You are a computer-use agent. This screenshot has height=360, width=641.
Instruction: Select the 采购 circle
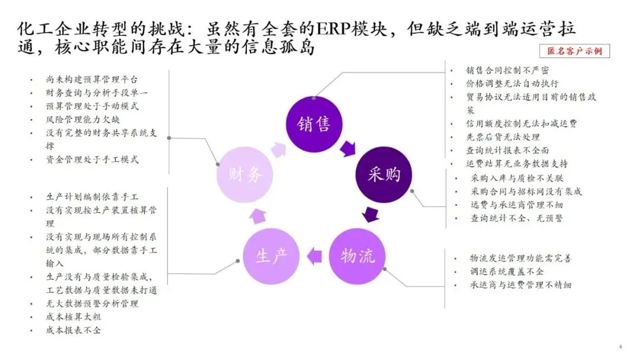384,174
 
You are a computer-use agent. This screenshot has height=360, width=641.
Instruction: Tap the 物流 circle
357,256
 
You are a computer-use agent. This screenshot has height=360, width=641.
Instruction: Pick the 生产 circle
272,256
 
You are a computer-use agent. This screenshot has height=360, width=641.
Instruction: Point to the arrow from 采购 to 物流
372,214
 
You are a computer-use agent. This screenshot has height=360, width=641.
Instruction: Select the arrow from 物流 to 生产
314,256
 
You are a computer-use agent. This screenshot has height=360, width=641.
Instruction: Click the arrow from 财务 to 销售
278,148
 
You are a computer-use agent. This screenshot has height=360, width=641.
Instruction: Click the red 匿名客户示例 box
575,51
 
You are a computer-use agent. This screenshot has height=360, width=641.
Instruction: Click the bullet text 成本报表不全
73,330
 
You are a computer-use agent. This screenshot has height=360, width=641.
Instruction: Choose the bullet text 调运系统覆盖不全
506,272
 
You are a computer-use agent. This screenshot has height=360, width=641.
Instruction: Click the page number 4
620,346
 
